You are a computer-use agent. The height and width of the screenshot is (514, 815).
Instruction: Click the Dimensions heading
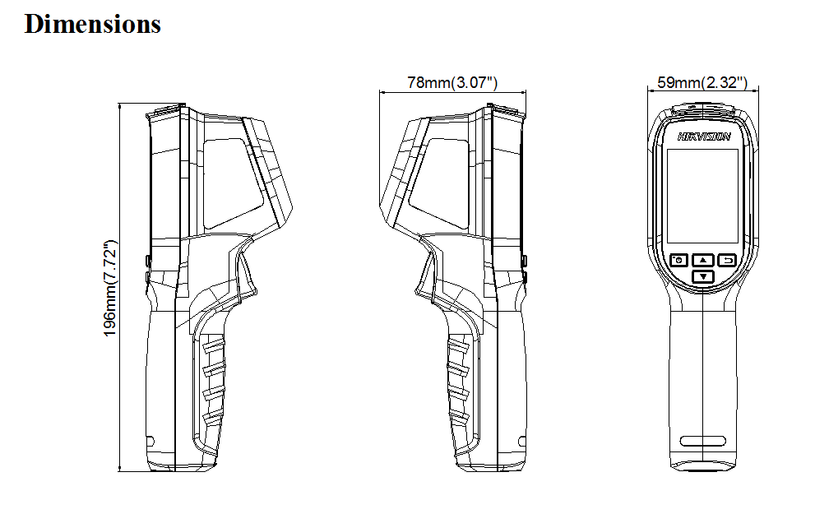tap(92, 24)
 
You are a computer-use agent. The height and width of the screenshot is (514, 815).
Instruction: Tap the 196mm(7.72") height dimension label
tap(109, 288)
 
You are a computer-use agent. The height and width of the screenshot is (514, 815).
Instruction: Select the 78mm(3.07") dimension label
tap(452, 82)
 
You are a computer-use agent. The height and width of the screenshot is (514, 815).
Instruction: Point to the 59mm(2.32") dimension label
tap(702, 82)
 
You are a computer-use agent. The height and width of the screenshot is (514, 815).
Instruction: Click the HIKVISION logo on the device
tap(704, 137)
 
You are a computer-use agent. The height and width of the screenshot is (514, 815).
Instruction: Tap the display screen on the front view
tap(702, 196)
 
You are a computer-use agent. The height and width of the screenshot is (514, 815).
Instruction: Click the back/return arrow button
tap(727, 260)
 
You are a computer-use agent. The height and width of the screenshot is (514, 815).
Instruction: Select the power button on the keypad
tap(678, 260)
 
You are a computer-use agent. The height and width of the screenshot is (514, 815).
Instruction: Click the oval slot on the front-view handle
tap(702, 441)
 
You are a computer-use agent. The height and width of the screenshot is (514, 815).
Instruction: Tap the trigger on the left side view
tap(244, 276)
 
